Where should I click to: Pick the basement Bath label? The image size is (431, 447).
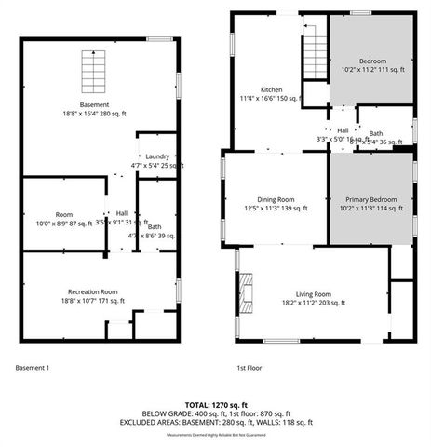pos(155,226)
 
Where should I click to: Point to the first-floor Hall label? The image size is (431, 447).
pos(343,130)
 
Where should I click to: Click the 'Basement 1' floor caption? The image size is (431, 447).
pos(33,367)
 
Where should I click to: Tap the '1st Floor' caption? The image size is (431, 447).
pos(249,367)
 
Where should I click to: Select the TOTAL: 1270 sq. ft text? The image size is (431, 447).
pos(215,404)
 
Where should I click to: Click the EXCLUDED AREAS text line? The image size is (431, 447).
pos(215,422)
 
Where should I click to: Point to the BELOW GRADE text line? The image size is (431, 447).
pos(215,413)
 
